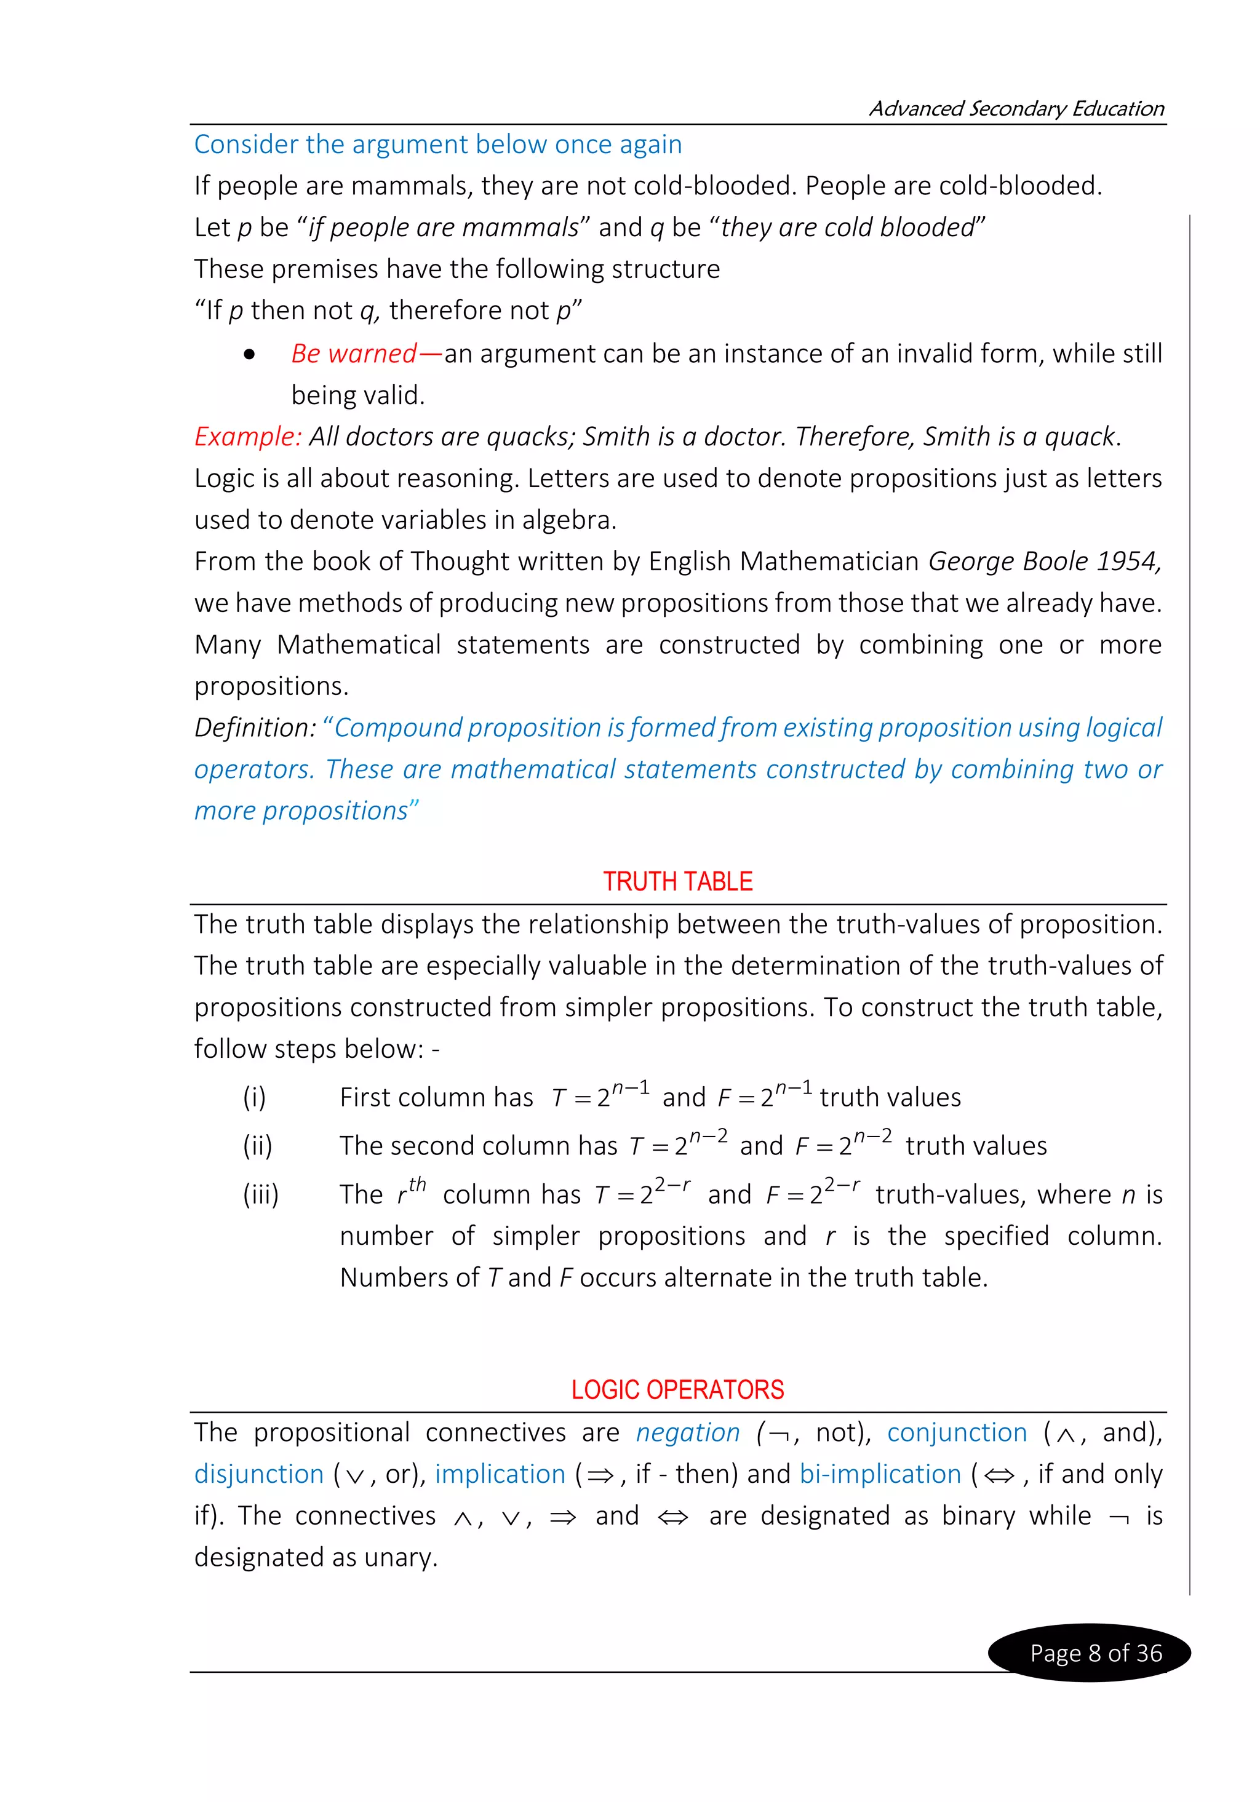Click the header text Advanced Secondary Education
click(1016, 108)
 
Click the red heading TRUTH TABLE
click(677, 881)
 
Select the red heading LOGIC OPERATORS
click(677, 1390)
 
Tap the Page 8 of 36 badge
click(1095, 1652)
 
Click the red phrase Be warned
click(354, 354)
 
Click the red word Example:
click(247, 437)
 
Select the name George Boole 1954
click(1044, 561)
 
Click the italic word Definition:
click(254, 728)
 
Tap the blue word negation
click(687, 1432)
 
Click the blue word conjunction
click(956, 1432)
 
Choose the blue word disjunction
click(259, 1474)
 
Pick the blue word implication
click(500, 1474)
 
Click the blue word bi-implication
click(880, 1474)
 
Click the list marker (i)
click(254, 1097)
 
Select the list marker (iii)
click(261, 1194)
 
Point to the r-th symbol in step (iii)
click(410, 1191)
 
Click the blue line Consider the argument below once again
click(437, 145)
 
